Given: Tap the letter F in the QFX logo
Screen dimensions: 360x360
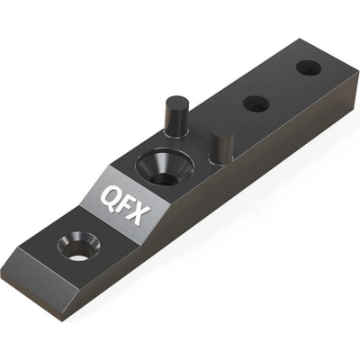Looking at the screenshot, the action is [123, 205].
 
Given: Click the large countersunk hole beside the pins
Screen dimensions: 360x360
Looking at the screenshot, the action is [165, 167].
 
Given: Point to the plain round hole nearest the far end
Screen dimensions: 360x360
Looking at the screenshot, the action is [309, 67].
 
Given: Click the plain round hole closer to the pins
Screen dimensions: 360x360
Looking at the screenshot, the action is [256, 103].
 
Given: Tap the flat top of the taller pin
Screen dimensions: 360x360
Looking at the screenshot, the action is [178, 101].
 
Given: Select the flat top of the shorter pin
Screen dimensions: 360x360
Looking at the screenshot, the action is [222, 134].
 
